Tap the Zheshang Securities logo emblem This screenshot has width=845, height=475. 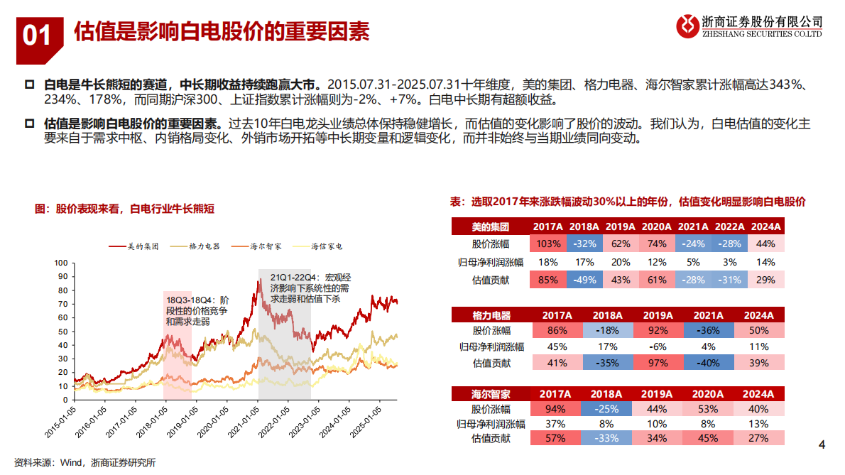687,26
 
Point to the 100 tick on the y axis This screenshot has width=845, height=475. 60,263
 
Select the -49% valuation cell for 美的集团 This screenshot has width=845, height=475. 586,280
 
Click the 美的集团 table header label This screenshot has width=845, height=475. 491,227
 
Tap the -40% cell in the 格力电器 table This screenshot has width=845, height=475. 707,363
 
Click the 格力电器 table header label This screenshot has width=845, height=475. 491,315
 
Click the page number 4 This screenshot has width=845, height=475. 822,445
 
